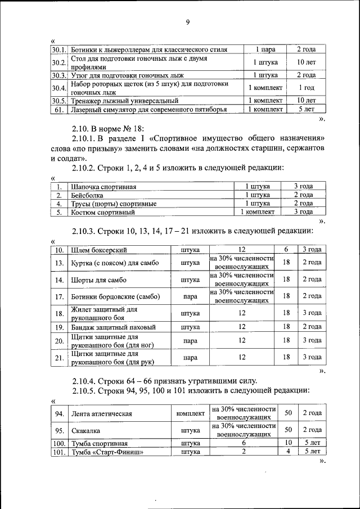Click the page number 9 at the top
pyautogui.click(x=187, y=22)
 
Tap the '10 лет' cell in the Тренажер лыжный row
pyautogui.click(x=306, y=100)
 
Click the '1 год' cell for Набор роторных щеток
pyautogui.click(x=306, y=88)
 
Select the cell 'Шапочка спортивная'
pyautogui.click(x=103, y=186)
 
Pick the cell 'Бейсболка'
pyautogui.click(x=87, y=195)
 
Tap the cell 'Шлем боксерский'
pyautogui.click(x=99, y=249)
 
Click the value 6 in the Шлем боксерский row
pyautogui.click(x=286, y=249)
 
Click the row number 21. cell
pyautogui.click(x=58, y=357)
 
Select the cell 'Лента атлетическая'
pyautogui.click(x=102, y=413)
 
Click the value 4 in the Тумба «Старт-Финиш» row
pyautogui.click(x=288, y=451)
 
